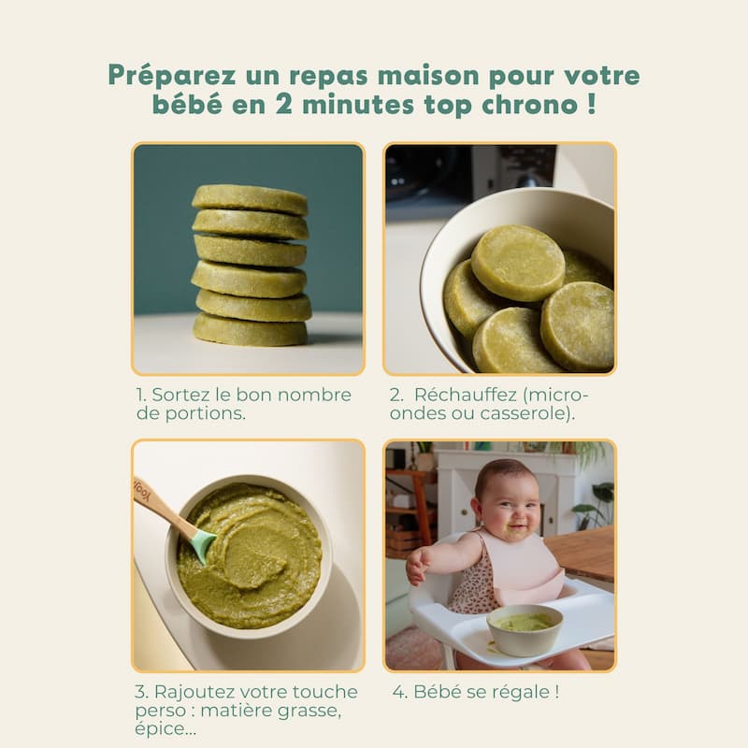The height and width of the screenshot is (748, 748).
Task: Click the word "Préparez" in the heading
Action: (172, 76)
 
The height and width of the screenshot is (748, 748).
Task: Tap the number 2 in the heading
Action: (284, 105)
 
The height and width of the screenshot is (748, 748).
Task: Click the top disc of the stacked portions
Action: (250, 199)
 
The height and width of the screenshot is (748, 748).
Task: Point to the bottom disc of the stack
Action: (250, 329)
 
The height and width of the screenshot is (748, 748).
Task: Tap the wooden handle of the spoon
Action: (162, 508)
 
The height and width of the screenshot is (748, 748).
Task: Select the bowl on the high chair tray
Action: (525, 629)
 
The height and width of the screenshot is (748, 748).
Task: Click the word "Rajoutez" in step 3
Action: (194, 692)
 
